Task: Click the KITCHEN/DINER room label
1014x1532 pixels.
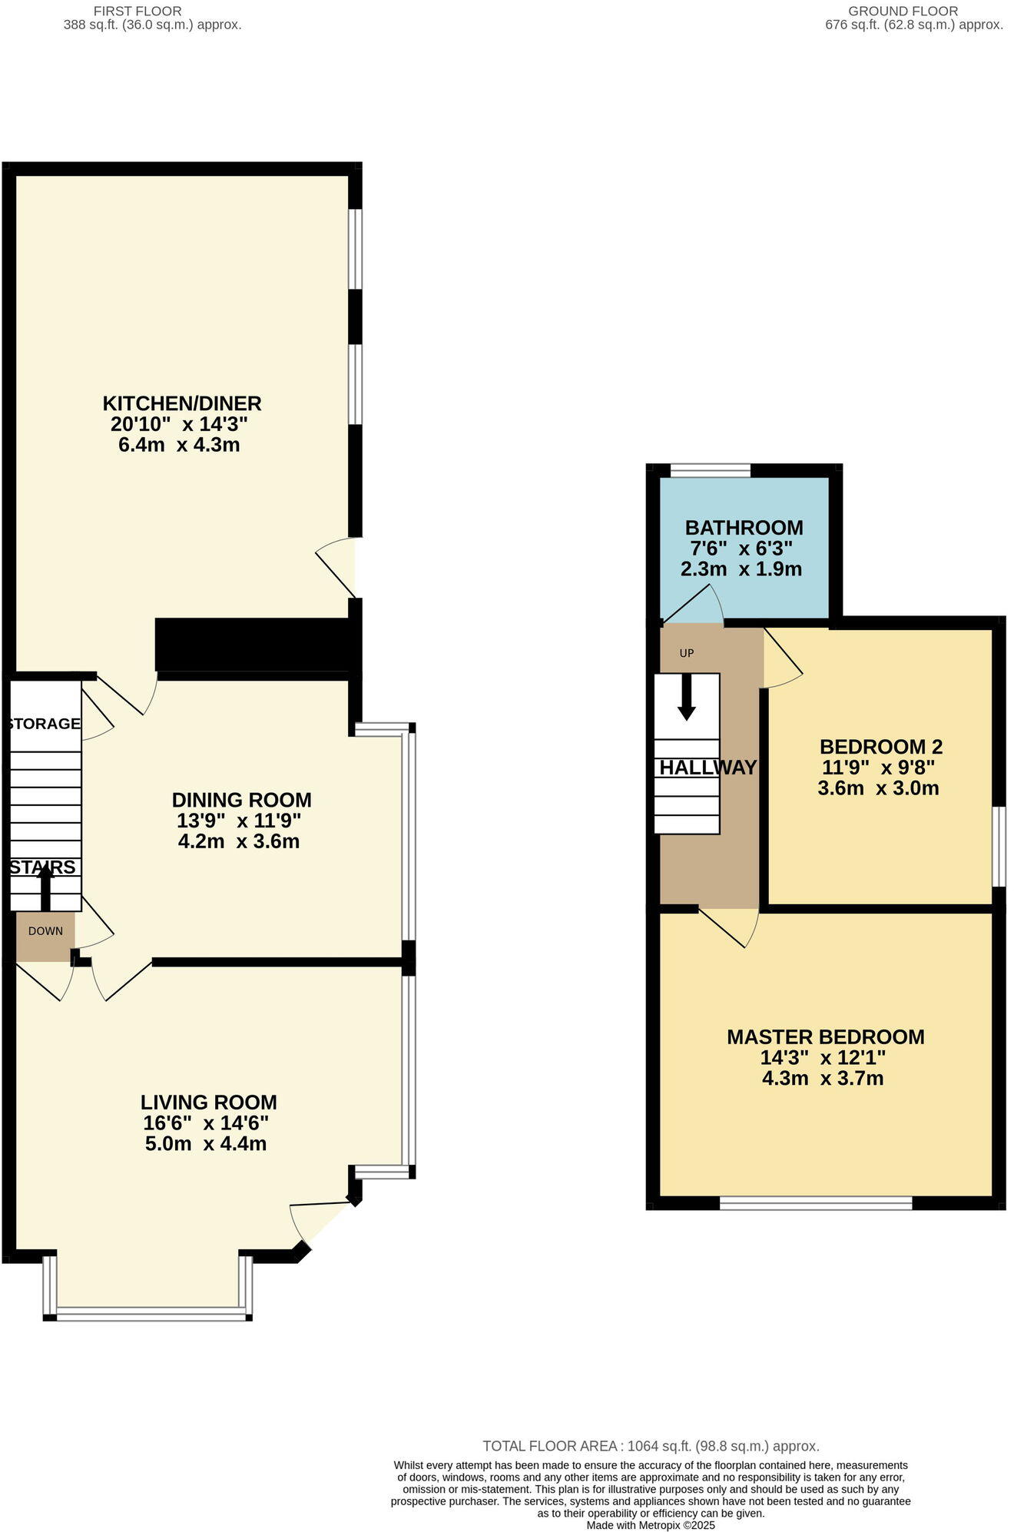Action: tap(182, 403)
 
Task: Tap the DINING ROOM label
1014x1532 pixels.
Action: tap(241, 800)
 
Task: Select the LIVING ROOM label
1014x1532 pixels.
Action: tap(209, 1103)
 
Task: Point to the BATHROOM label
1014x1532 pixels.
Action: tap(744, 528)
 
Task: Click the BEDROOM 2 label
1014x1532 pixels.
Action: tap(881, 746)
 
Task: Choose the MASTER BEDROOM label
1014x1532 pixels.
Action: tap(825, 1036)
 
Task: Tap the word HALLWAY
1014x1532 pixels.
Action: tap(707, 767)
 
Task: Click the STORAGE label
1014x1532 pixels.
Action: tap(45, 723)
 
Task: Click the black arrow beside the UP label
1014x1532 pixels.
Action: tap(687, 697)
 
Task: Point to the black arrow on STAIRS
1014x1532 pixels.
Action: tap(45, 886)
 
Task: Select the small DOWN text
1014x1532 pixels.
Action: tap(45, 931)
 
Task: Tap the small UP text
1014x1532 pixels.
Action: tap(687, 653)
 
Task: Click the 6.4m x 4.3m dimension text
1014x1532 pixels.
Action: tap(179, 445)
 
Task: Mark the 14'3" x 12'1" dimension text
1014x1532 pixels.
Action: tap(823, 1057)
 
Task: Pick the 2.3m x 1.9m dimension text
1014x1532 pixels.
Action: tap(741, 569)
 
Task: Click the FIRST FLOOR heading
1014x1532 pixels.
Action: tap(137, 11)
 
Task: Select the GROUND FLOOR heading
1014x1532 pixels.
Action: tap(903, 11)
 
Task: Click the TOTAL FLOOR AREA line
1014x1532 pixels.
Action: tap(651, 1446)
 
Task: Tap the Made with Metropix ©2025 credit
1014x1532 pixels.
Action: tap(651, 1525)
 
